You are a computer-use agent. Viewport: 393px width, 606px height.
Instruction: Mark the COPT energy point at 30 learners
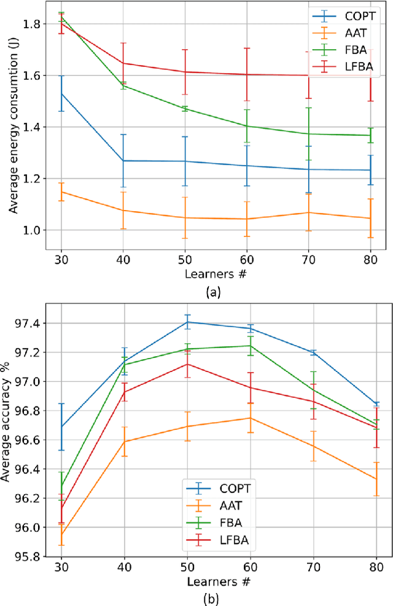tap(61, 93)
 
